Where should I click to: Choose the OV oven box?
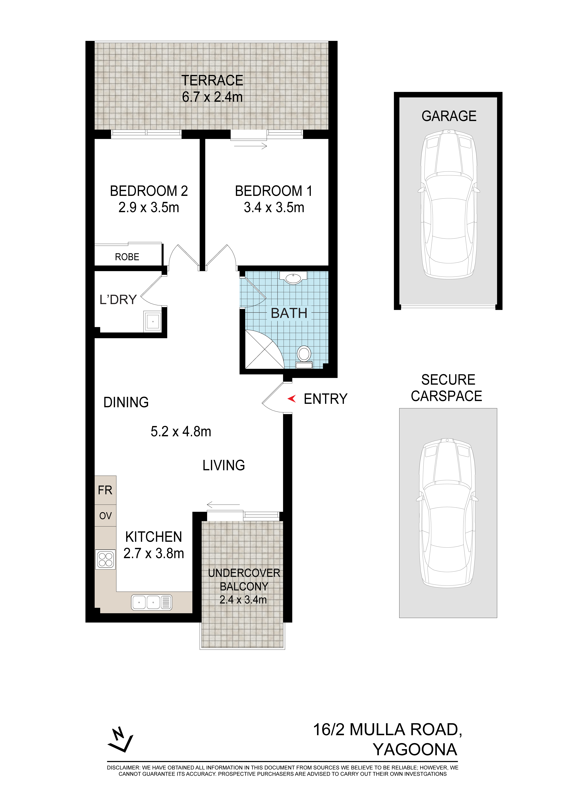click(105, 516)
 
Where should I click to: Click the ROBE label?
click(127, 257)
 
